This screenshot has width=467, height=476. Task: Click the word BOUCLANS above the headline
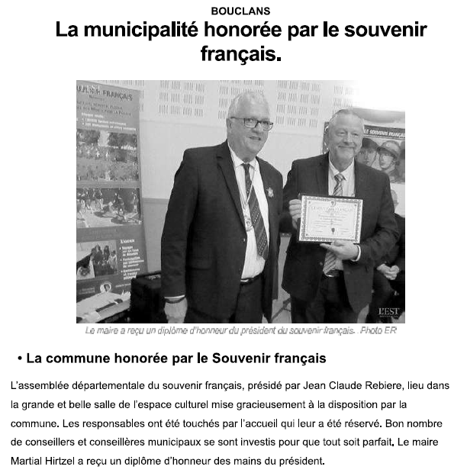pos(240,11)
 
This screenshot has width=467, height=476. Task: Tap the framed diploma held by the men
pos(330,219)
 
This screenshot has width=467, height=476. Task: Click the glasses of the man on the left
pos(251,122)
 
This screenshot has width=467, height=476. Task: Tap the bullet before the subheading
pos(18,358)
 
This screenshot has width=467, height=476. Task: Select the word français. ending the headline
pos(240,56)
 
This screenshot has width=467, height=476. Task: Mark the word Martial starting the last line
pos(28,461)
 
